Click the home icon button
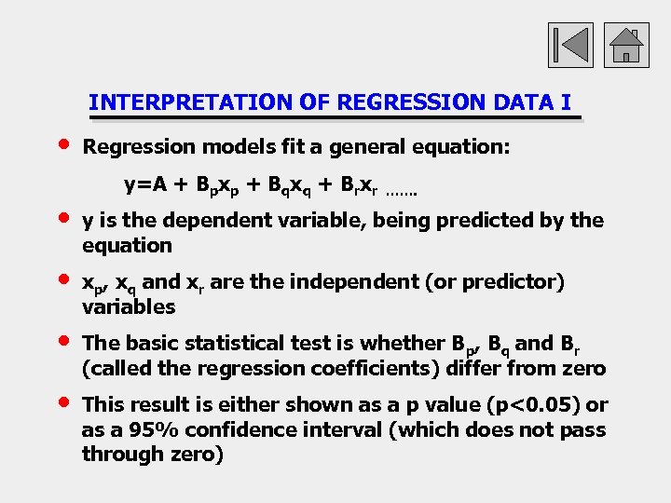tap(626, 45)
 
